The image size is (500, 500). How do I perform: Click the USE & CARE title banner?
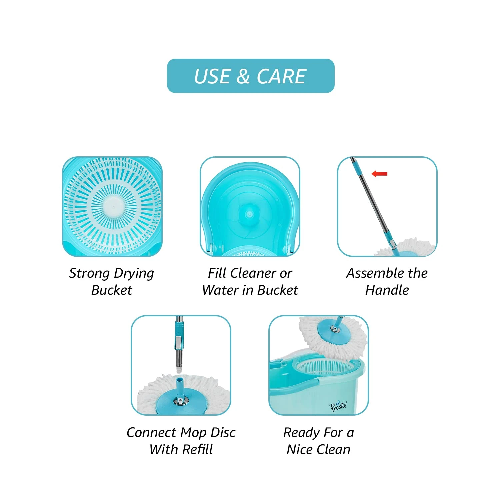(251, 76)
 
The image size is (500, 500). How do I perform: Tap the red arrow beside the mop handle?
(379, 174)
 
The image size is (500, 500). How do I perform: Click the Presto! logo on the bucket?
(338, 406)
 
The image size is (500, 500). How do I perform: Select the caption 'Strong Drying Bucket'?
(112, 281)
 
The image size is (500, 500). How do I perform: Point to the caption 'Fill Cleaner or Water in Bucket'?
(250, 281)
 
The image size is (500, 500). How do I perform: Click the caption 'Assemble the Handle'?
(387, 281)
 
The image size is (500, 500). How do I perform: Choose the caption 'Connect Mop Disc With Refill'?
(181, 441)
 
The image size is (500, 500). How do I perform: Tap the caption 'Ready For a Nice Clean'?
(319, 441)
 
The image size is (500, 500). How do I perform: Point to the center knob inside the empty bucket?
(249, 214)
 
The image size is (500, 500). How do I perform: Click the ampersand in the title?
(243, 77)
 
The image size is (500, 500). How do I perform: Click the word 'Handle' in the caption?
(387, 290)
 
